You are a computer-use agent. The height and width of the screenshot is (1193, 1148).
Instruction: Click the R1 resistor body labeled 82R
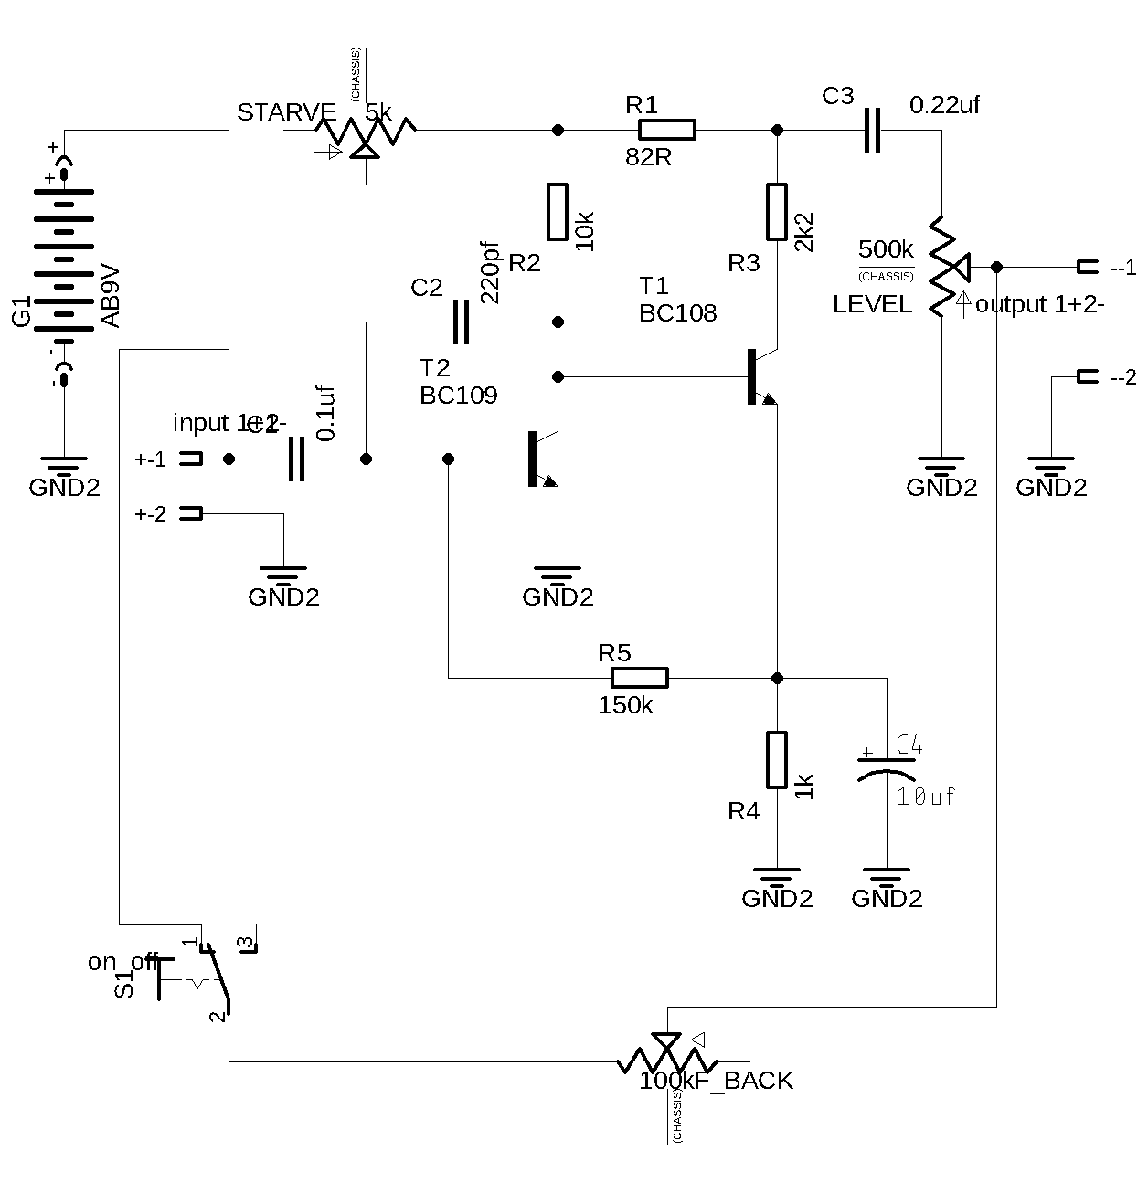pyautogui.click(x=666, y=130)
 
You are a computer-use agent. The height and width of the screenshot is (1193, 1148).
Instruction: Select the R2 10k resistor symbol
pyautogui.click(x=558, y=212)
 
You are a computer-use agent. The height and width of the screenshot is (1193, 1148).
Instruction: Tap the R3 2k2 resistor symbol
pyautogui.click(x=777, y=212)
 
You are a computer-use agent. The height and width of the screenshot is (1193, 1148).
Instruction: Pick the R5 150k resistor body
pyautogui.click(x=639, y=678)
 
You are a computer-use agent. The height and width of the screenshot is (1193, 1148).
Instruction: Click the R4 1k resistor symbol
pyautogui.click(x=777, y=760)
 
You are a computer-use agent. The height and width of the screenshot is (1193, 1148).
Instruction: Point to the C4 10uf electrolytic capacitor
pyautogui.click(x=886, y=765)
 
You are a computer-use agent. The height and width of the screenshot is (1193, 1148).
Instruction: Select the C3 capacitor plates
pyautogui.click(x=873, y=130)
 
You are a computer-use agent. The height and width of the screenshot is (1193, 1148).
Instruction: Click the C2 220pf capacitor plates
pyautogui.click(x=461, y=322)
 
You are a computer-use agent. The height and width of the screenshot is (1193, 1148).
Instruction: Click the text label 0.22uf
pyautogui.click(x=945, y=104)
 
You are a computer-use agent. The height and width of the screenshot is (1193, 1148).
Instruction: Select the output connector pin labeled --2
pyautogui.click(x=1087, y=376)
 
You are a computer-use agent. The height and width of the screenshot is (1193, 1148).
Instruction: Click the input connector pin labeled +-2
pyautogui.click(x=190, y=513)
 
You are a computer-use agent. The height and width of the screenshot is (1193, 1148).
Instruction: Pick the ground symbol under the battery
pyautogui.click(x=64, y=466)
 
